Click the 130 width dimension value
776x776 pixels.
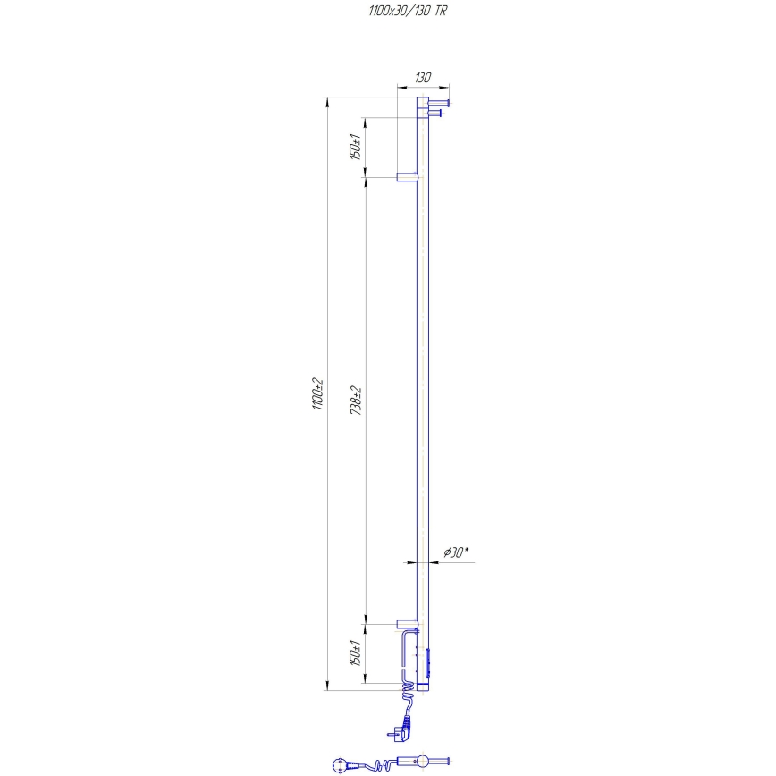(422, 79)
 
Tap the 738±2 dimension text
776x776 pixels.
(356, 400)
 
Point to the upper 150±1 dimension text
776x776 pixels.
(356, 147)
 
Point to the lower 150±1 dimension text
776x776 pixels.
(356, 654)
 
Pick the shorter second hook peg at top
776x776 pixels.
(436, 113)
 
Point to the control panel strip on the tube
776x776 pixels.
(429, 662)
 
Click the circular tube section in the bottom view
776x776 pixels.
(419, 762)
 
